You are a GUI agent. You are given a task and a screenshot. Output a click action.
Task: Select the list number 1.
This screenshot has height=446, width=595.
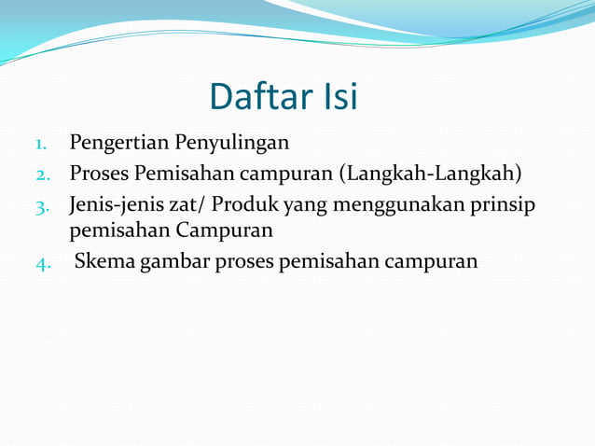[41, 145]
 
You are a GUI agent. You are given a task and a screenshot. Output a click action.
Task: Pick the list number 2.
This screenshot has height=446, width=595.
[42, 175]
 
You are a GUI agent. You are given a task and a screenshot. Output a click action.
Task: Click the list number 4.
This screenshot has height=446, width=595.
[42, 262]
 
